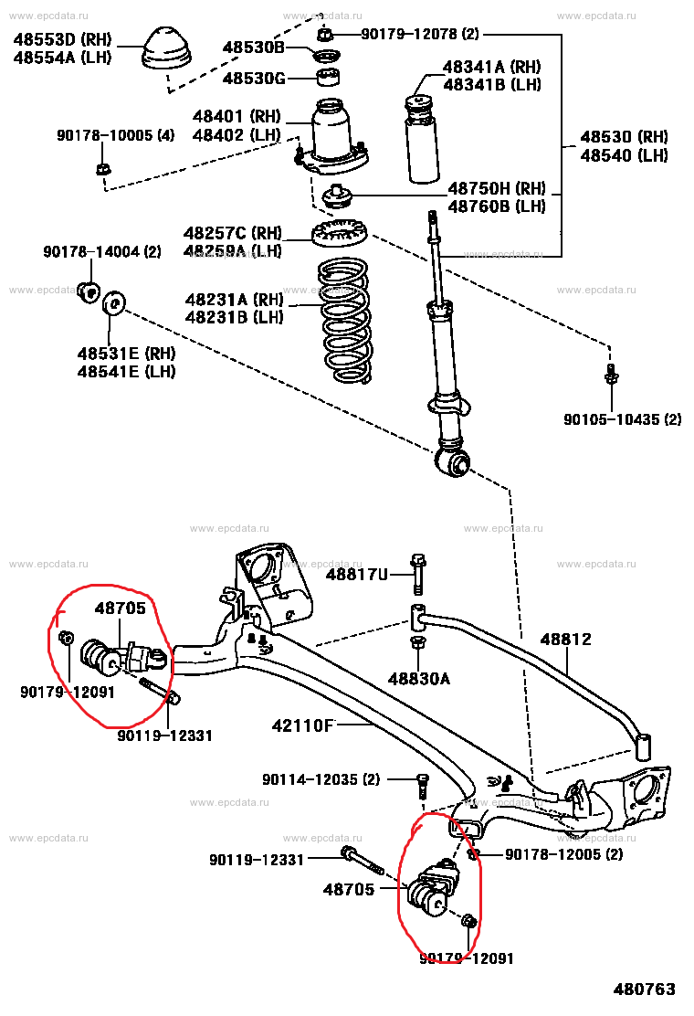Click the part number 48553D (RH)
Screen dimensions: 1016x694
60,39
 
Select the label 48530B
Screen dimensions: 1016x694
255,48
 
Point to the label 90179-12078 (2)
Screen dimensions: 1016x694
419,35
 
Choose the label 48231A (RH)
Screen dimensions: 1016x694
234,300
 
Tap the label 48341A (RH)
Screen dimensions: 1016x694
491,67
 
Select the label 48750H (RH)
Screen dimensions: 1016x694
496,189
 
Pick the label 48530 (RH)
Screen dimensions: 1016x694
625,137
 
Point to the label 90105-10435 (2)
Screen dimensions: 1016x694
622,419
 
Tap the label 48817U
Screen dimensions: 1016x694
357,574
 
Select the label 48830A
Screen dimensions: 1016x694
419,679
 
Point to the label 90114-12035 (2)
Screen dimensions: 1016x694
321,779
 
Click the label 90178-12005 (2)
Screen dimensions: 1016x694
563,854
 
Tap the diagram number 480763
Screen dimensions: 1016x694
645,990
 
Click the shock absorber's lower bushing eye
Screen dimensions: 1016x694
453,462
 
